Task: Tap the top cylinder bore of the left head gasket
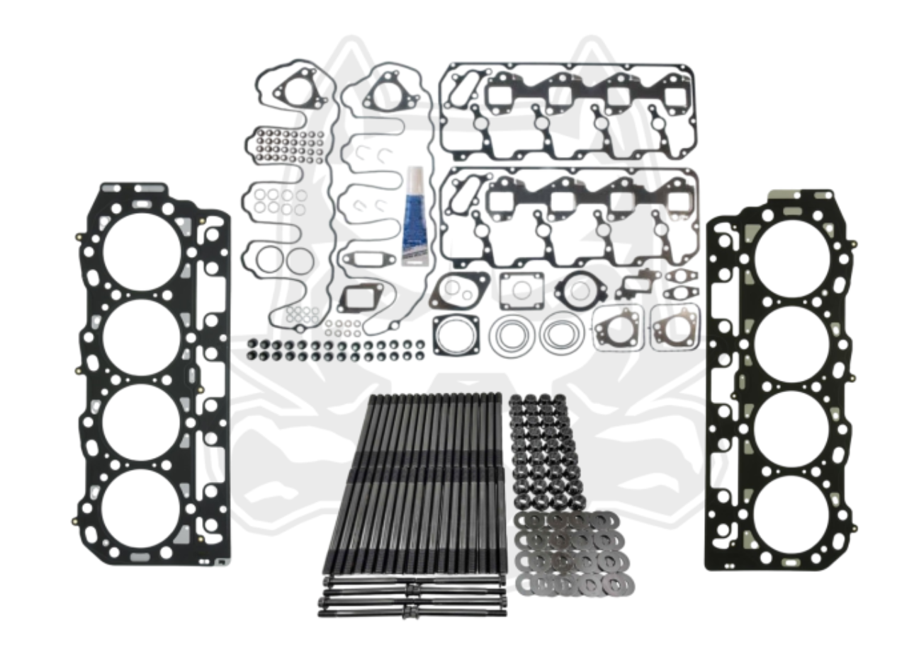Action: pyautogui.click(x=142, y=251)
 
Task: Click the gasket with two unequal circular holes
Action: pyautogui.click(x=459, y=289)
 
